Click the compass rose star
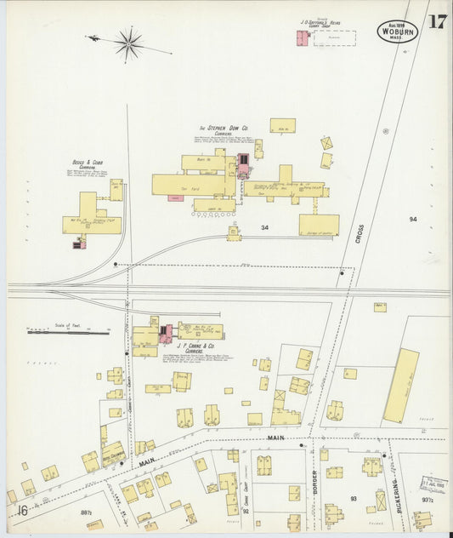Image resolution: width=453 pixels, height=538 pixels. point(129,42)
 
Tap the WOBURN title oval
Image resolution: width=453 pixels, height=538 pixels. point(398,32)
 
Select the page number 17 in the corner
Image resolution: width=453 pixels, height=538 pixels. point(437,23)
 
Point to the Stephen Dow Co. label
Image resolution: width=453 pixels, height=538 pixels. point(223,129)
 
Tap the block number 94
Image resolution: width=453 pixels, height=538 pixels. point(413,220)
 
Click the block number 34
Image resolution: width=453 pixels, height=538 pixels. point(265,227)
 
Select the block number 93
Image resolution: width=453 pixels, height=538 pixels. point(353,497)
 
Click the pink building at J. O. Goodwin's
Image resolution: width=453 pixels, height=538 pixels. point(301,38)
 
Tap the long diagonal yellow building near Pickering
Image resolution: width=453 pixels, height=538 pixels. point(400,386)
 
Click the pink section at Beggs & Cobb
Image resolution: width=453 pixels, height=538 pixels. point(79,244)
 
